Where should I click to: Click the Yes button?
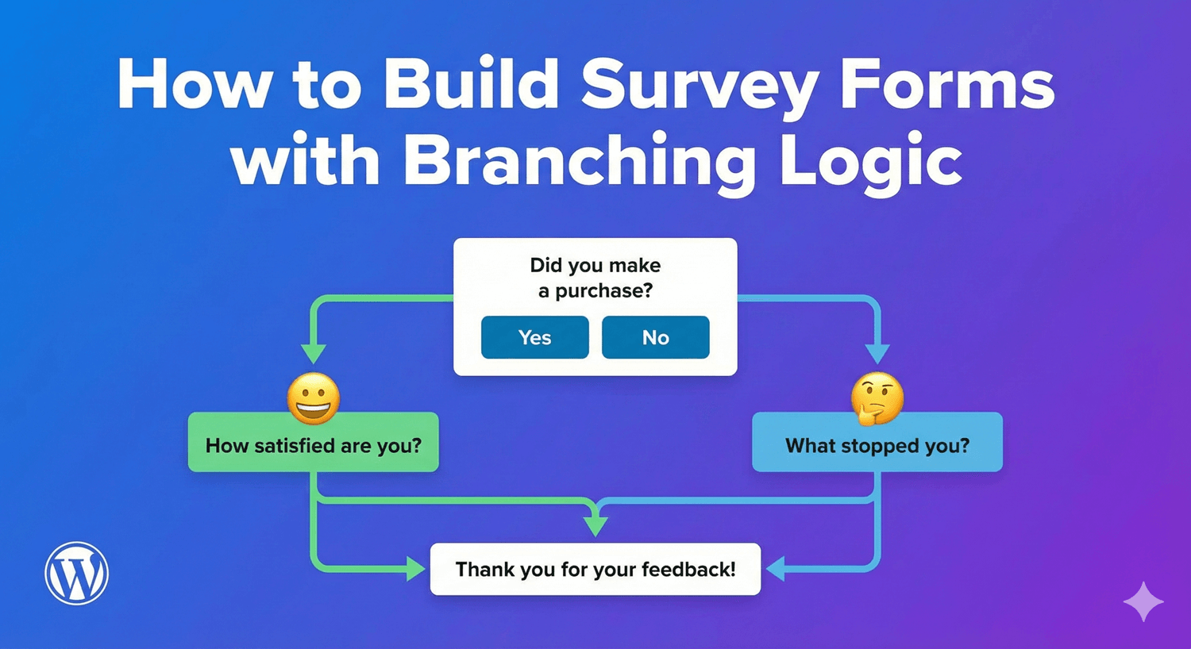coord(534,337)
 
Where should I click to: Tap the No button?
coord(655,337)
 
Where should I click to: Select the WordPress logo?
coord(76,573)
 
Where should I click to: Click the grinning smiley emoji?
coord(314,398)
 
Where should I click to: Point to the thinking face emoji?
coord(877,398)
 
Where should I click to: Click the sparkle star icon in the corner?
coord(1143,601)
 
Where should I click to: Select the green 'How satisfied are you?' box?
coord(313,445)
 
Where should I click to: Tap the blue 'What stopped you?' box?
coord(877,445)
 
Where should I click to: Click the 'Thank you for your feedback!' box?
coord(595,569)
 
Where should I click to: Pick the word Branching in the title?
coord(580,161)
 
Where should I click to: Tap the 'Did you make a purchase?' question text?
coord(595,278)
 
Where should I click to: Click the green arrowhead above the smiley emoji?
coord(314,353)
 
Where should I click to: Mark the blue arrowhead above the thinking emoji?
coord(877,353)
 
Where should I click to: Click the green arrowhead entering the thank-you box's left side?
coord(416,568)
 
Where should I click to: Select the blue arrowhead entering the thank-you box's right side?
coord(775,568)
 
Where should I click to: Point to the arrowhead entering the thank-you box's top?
coord(595,526)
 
